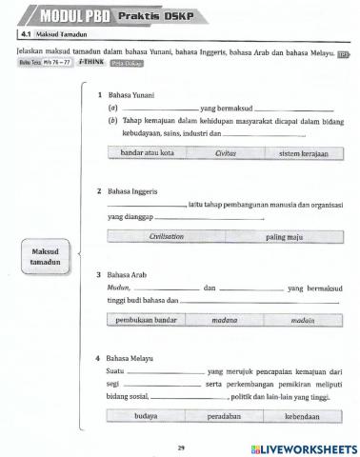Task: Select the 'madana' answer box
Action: coord(225,321)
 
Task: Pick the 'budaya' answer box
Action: coord(145,416)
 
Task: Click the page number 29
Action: coord(181,446)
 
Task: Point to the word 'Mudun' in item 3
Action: coord(118,287)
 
